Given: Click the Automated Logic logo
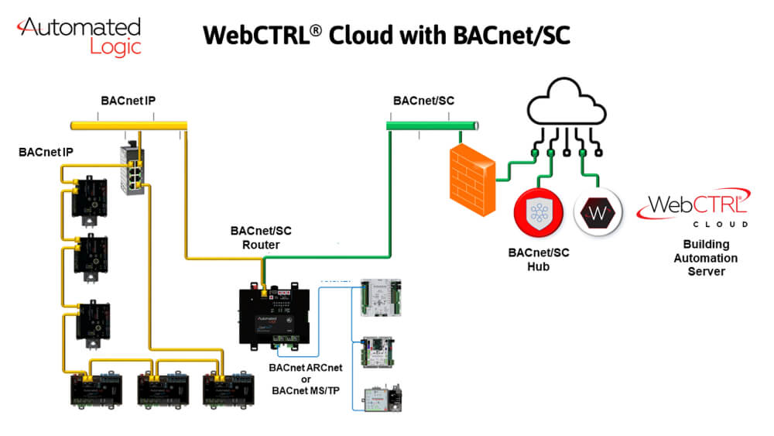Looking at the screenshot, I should click(80, 36).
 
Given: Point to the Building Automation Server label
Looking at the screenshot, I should click(705, 259).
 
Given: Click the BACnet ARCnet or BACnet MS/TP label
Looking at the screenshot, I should click(305, 379).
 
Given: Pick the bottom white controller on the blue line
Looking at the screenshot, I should click(379, 395).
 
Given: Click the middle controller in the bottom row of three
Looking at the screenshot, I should click(159, 392).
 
